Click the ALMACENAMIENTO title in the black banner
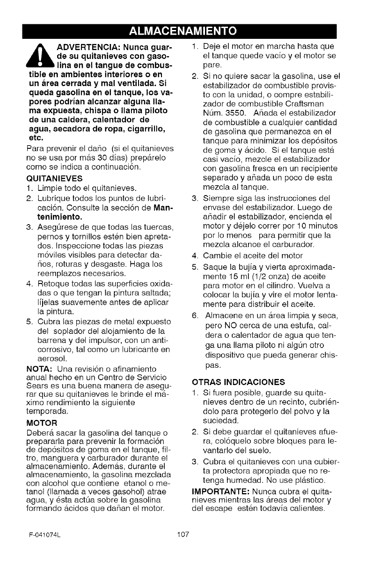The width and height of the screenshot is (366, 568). coord(183,31)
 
